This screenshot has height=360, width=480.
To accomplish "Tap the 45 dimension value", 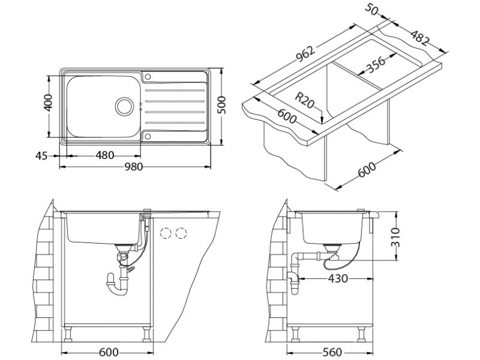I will click(x=41, y=156).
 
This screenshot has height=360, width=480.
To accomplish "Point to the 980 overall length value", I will click(x=134, y=167).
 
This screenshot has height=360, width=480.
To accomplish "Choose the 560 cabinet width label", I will click(x=331, y=352).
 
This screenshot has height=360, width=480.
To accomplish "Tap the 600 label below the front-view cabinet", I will click(x=108, y=352).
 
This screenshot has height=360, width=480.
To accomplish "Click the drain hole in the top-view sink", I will click(x=125, y=107).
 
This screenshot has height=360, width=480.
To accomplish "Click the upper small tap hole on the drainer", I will click(x=147, y=76).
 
